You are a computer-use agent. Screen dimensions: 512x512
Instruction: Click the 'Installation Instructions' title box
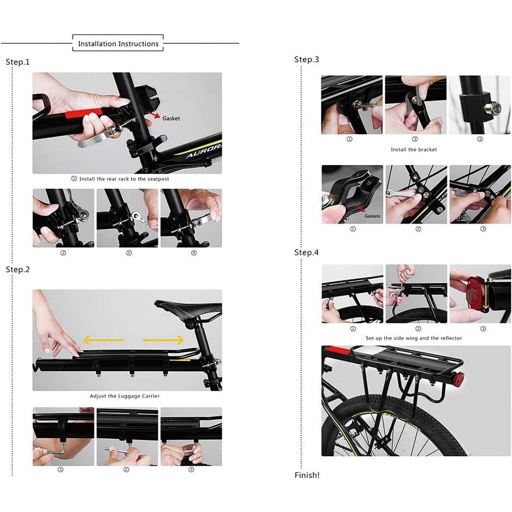(118, 43)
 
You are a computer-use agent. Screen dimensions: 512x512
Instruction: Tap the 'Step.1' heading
(17, 62)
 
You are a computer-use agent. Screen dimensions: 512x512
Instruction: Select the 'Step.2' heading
(17, 270)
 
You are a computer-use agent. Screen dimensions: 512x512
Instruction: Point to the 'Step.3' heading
(307, 60)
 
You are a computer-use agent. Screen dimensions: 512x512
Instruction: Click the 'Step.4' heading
(307, 252)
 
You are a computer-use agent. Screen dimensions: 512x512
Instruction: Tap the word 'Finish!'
(307, 475)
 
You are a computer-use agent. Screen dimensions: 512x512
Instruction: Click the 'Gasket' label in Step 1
(171, 119)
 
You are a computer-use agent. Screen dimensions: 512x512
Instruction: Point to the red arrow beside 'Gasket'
(154, 115)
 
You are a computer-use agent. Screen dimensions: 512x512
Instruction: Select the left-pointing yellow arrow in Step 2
(103, 340)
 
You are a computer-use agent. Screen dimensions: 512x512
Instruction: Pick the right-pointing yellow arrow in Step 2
(163, 340)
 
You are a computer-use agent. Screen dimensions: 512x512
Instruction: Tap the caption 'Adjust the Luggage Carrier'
(125, 396)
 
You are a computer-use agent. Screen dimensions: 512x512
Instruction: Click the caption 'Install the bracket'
(414, 150)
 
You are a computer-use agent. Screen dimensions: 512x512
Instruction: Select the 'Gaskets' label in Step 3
(372, 216)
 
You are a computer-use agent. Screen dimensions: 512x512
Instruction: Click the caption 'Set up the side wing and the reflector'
(414, 338)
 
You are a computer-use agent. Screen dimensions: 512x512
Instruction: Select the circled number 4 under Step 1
(194, 253)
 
